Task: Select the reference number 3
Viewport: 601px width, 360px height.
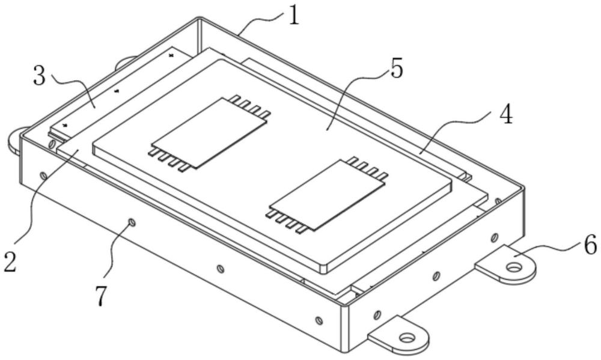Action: [x=40, y=77]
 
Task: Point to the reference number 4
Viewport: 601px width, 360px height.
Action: [x=506, y=114]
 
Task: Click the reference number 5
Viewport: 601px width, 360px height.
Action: [x=395, y=69]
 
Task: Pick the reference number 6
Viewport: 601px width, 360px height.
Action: [x=588, y=245]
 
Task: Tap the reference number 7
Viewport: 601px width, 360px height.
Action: [x=102, y=296]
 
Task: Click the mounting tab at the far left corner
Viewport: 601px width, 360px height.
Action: [x=15, y=139]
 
